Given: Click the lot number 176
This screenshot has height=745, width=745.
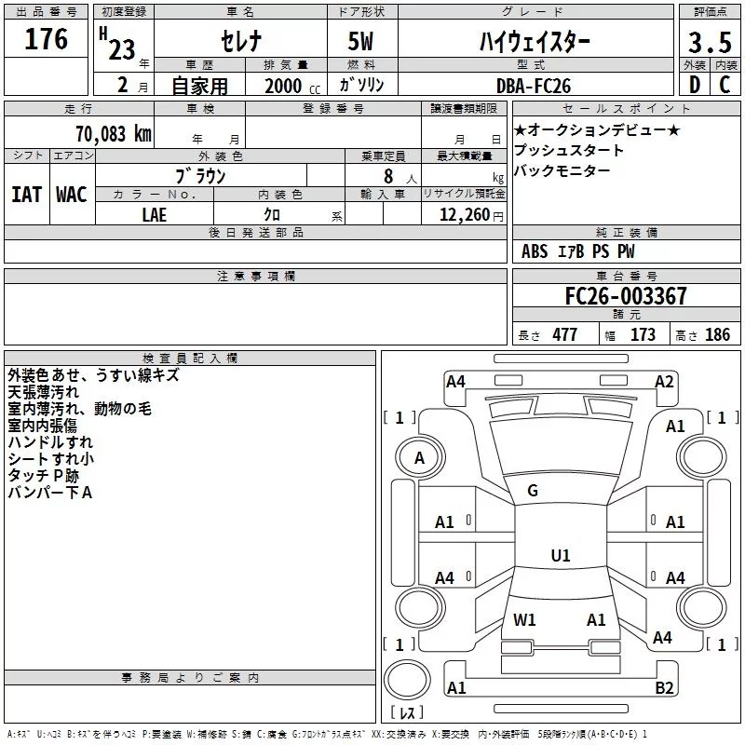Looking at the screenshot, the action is click(x=47, y=40).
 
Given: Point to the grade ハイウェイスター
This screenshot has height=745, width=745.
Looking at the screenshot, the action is click(x=534, y=42).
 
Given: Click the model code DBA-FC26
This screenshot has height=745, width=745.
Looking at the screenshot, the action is click(x=534, y=85).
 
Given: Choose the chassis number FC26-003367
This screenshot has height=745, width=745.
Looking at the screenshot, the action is click(x=626, y=296).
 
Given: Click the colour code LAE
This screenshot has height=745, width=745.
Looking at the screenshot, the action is click(x=154, y=214).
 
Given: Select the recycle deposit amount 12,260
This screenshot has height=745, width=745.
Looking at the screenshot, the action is click(x=463, y=215).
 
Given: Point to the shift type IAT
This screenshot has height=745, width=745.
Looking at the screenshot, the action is click(x=26, y=194).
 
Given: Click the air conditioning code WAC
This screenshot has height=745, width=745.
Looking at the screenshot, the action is click(x=71, y=194).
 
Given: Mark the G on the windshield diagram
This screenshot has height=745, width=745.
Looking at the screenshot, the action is click(x=533, y=491).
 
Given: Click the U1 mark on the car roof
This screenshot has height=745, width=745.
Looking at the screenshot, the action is click(x=560, y=556).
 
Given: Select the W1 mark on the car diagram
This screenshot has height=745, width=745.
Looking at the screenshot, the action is click(x=524, y=619).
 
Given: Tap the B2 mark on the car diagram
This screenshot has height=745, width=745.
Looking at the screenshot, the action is click(x=664, y=688).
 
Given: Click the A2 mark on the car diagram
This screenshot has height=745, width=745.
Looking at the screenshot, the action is click(x=664, y=381).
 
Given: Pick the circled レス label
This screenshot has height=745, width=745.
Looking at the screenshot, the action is click(x=406, y=713).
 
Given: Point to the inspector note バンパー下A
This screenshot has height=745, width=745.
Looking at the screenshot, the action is click(x=49, y=492).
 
